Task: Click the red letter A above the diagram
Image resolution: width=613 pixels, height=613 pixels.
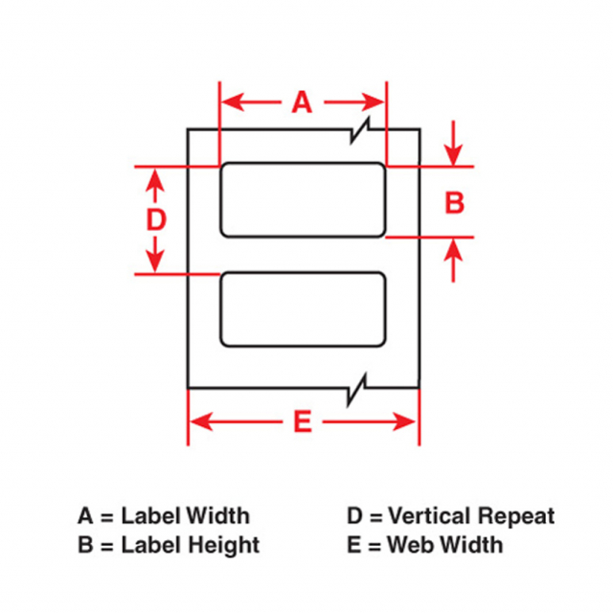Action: click(x=302, y=102)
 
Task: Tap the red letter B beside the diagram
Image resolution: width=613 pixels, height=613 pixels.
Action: click(x=454, y=203)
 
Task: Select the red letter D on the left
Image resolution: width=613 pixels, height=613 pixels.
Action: click(x=156, y=219)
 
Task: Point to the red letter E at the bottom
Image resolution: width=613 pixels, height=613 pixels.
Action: click(x=303, y=421)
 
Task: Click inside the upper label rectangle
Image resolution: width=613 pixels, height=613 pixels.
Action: click(x=303, y=200)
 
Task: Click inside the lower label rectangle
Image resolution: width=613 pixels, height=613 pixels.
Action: click(x=303, y=308)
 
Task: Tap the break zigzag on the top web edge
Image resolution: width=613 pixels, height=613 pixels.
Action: click(x=360, y=130)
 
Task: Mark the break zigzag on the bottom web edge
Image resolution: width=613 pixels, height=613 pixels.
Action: click(x=357, y=390)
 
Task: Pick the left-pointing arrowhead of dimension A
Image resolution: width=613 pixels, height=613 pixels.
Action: click(x=233, y=102)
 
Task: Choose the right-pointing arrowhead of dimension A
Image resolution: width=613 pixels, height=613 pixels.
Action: click(x=373, y=102)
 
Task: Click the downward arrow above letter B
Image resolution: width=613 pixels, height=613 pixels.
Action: click(x=453, y=144)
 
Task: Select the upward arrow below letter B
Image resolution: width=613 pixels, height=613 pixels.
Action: click(x=453, y=260)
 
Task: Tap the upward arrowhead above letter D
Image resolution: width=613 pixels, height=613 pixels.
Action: click(x=155, y=180)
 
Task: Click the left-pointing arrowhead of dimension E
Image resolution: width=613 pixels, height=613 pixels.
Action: click(x=201, y=421)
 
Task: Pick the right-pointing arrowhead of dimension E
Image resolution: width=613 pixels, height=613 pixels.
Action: click(x=404, y=421)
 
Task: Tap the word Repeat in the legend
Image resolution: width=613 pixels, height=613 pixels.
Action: click(x=516, y=516)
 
